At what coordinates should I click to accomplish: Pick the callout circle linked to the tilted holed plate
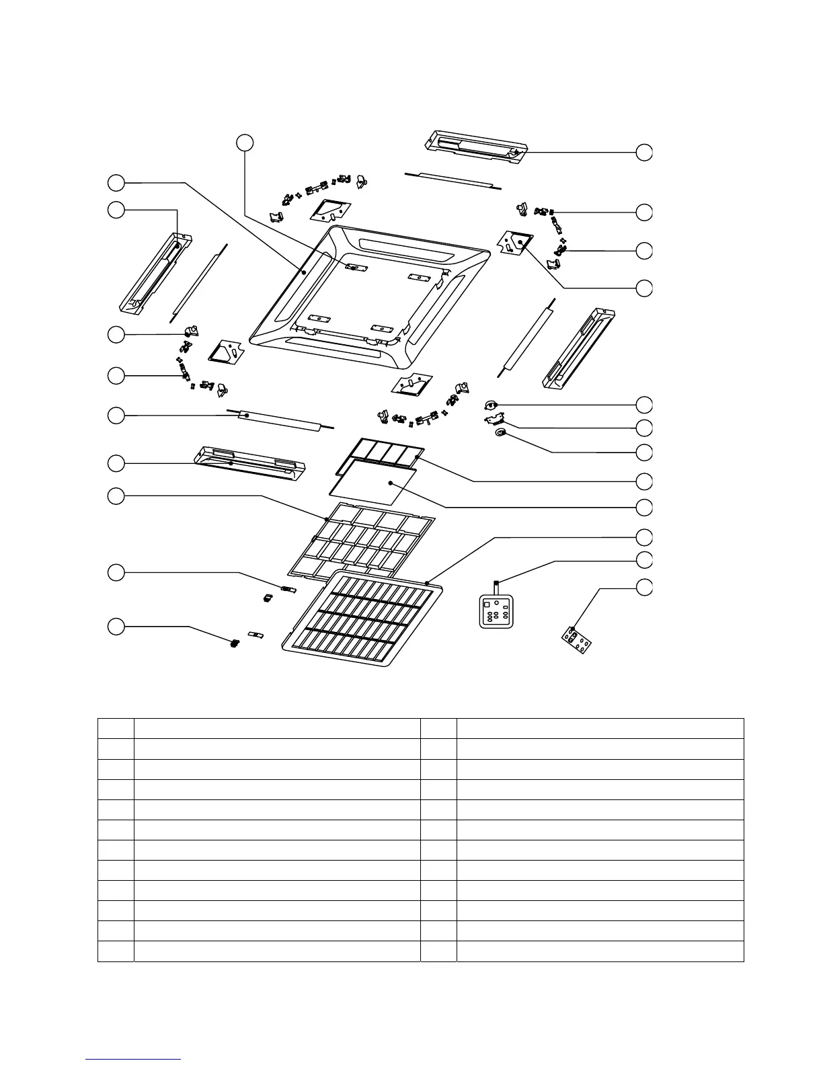point(644,586)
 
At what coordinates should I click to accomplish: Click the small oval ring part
point(500,434)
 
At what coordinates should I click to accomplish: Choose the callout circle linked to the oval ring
point(644,452)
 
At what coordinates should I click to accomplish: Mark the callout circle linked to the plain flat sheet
point(644,506)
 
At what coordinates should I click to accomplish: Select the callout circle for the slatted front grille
point(644,537)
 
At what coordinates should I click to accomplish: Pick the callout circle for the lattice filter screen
point(116,496)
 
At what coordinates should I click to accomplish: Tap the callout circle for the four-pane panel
point(644,481)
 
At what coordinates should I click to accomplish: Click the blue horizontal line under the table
point(133,1059)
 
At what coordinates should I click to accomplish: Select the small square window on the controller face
point(488,604)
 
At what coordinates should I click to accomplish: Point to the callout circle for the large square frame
point(116,182)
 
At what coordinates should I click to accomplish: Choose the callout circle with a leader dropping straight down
point(245,142)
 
